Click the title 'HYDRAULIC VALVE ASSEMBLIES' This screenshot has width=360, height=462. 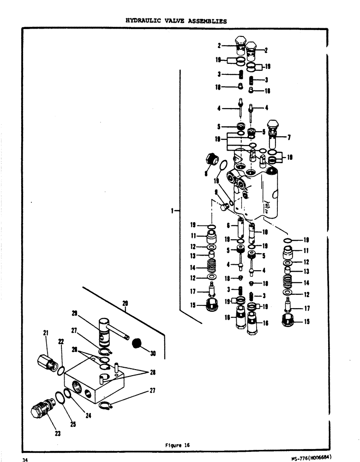pos(176,21)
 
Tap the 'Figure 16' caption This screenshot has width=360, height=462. pos(177,445)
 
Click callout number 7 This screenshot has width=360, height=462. pos(289,137)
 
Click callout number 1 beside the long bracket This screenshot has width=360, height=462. pos(172,211)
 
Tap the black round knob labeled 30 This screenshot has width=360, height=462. pos(136,343)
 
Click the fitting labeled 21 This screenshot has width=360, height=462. pos(47,359)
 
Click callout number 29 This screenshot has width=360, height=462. pos(73,313)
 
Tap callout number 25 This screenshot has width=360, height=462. pos(73,425)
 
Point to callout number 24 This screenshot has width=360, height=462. pos(89,415)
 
